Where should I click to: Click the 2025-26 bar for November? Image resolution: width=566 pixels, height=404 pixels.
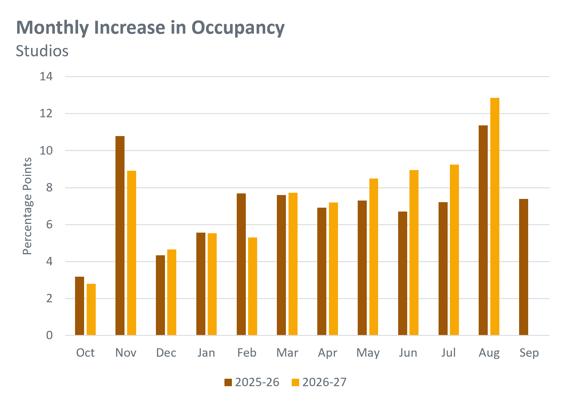[x=120, y=236]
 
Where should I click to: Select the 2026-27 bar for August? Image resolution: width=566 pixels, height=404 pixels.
[x=495, y=216]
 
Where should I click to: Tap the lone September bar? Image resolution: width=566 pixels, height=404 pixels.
[x=524, y=267]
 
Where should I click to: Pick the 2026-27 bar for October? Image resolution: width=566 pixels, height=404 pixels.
[x=91, y=309]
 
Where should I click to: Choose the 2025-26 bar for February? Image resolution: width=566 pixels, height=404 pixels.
[x=241, y=264]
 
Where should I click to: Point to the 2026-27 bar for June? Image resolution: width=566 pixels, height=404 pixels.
[x=414, y=252]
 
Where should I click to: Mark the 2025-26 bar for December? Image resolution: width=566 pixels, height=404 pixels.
[x=160, y=295]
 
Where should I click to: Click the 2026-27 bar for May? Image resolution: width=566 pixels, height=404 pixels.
[x=374, y=257]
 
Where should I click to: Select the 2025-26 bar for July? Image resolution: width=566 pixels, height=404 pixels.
[x=443, y=269]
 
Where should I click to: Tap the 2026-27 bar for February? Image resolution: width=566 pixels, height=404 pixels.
[x=253, y=286]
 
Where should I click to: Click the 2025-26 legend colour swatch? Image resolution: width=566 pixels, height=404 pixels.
[x=228, y=382]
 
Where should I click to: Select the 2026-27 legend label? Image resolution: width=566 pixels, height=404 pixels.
[x=324, y=382]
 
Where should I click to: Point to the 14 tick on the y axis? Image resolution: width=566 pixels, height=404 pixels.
[x=46, y=76]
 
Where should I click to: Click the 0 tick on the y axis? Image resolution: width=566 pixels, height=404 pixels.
[x=49, y=335]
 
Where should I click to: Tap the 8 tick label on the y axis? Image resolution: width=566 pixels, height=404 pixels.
[x=49, y=188]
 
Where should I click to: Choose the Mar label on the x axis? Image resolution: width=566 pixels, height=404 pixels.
[x=287, y=352]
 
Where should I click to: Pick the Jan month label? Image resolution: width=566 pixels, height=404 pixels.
[x=206, y=352]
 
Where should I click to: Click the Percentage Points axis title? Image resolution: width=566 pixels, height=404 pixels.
[x=27, y=206]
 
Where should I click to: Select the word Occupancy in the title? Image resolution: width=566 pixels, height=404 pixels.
[x=238, y=28]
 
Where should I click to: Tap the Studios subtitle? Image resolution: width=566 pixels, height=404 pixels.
[x=42, y=51]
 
